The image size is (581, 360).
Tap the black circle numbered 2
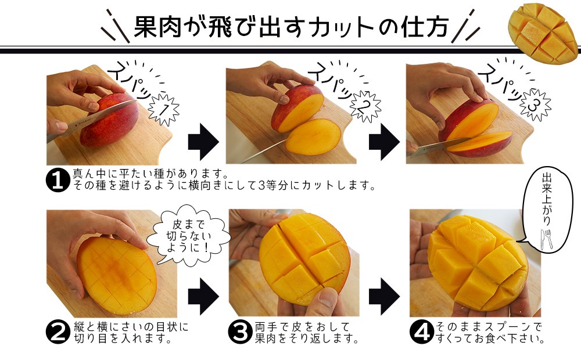(58, 332)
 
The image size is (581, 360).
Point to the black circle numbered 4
(422, 332)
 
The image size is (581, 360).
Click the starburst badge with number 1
(164, 110)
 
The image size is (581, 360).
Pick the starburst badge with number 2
(365, 107)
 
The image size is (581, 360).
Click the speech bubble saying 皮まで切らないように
(188, 236)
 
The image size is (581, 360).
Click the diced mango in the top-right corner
(543, 33)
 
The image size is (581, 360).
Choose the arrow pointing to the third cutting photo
(384, 142)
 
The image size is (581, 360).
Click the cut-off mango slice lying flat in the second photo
(314, 136)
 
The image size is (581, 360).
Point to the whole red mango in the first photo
(110, 120)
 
